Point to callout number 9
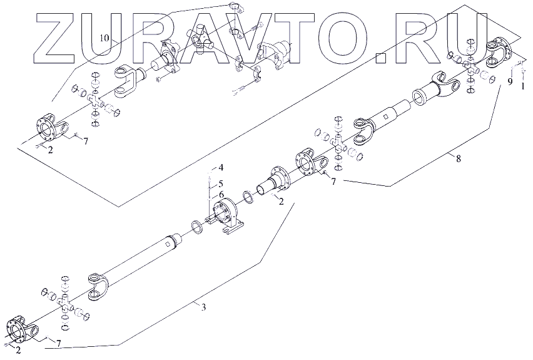tap(510, 81)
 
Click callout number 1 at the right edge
tap(524, 87)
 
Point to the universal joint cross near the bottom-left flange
tap(66, 305)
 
